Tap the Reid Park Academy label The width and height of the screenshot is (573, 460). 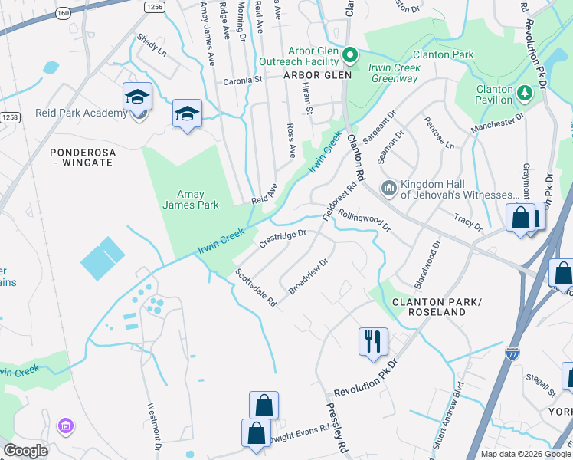click(80, 113)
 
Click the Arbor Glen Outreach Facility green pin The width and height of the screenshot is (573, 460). click(351, 54)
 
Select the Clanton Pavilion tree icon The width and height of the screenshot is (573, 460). click(525, 93)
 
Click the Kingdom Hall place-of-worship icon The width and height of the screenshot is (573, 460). click(389, 187)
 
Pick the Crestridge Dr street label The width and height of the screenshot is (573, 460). click(282, 239)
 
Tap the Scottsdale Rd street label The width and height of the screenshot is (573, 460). click(256, 288)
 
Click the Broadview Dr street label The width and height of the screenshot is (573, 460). click(308, 276)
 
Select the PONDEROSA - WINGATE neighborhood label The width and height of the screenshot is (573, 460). click(83, 158)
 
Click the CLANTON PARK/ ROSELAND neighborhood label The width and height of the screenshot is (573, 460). click(428, 307)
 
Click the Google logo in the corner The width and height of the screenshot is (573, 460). click(25, 451)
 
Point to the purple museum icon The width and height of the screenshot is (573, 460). click(67, 426)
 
